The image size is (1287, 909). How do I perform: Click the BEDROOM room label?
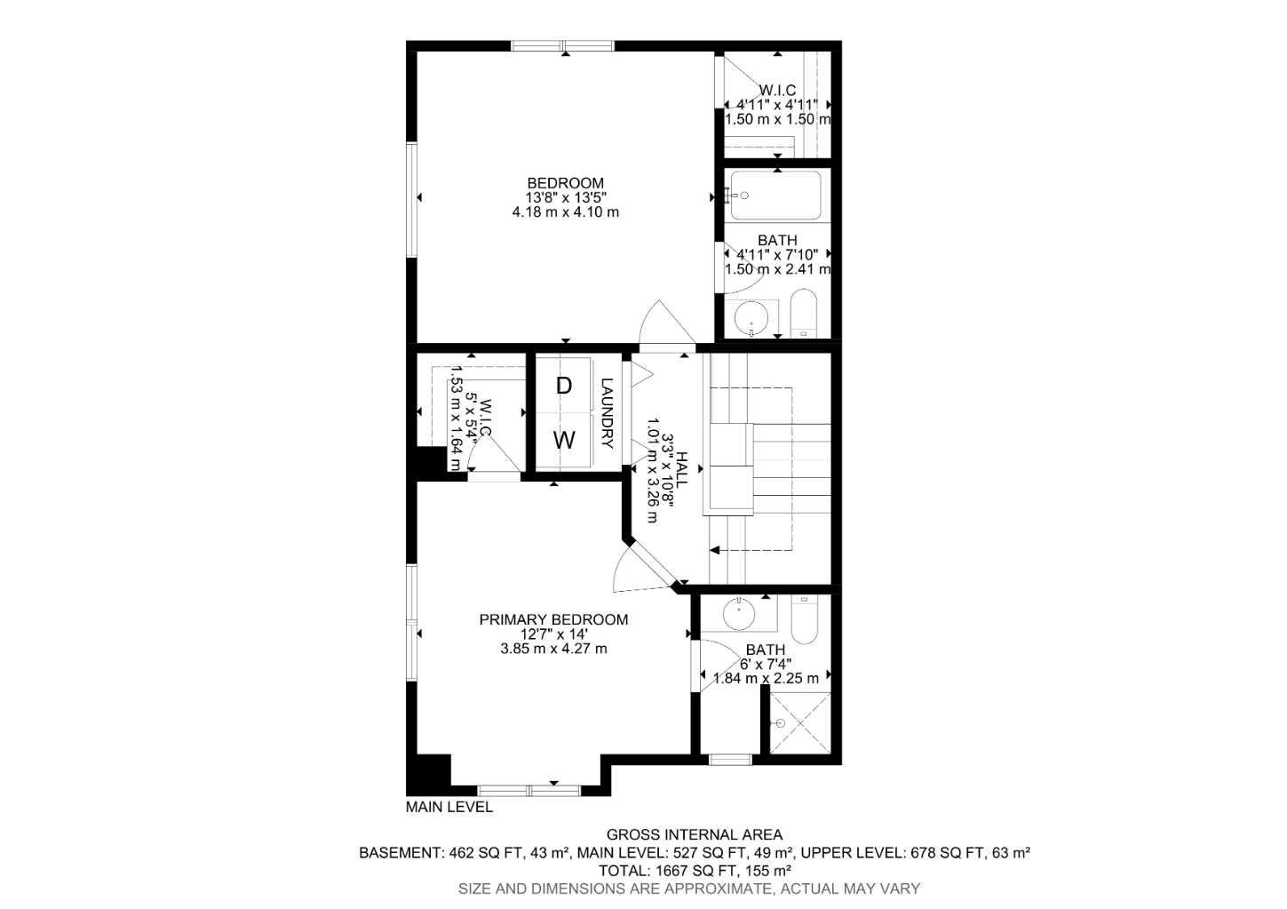coord(565,183)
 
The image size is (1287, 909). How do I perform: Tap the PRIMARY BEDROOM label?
coord(553,619)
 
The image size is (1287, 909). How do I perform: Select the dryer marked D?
coord(563,386)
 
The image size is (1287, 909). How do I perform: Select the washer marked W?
coord(564,440)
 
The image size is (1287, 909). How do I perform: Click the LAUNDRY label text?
coord(608,413)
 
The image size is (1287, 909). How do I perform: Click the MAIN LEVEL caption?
coord(449,807)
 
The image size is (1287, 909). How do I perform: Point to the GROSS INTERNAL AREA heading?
coord(694,834)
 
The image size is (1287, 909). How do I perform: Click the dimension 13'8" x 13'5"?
coord(565,197)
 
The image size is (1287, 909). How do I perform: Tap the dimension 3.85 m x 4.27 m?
coord(553,649)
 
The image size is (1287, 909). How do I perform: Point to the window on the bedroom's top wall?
coord(562,46)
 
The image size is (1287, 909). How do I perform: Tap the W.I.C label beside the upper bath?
coord(777,90)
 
